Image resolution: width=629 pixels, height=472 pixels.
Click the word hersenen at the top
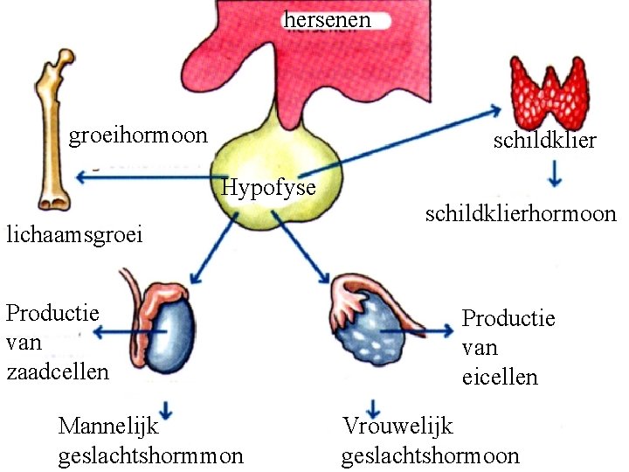coord(327,18)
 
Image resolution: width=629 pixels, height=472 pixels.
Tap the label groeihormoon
coord(138,135)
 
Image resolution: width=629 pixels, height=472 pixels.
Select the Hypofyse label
coord(269,187)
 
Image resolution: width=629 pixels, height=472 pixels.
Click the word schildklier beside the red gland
coord(544,141)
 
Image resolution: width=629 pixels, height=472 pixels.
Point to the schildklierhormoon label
coord(521,214)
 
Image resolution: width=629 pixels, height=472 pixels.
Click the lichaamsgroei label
coord(74,234)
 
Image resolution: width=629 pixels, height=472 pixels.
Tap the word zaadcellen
coord(58,371)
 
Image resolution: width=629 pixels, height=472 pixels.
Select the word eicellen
coord(500,378)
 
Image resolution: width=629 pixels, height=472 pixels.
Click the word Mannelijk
coord(107,427)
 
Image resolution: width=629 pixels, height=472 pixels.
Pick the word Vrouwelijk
coord(398,427)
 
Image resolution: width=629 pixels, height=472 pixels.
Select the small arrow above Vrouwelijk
coord(374,406)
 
